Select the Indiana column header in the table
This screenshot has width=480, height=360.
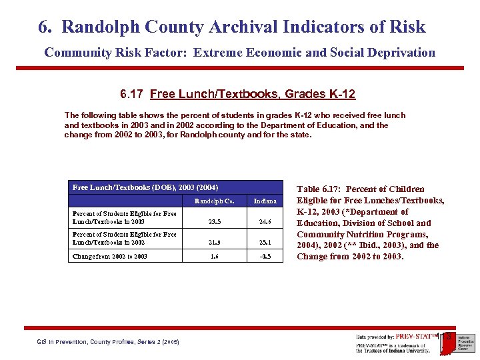[265, 201]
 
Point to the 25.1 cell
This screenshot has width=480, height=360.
[265, 244]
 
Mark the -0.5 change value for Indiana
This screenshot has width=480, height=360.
[264, 256]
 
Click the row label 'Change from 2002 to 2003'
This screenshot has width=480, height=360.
[109, 256]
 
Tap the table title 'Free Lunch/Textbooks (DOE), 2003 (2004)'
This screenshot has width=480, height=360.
[145, 187]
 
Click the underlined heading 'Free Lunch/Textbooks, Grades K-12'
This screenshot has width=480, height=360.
[253, 94]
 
